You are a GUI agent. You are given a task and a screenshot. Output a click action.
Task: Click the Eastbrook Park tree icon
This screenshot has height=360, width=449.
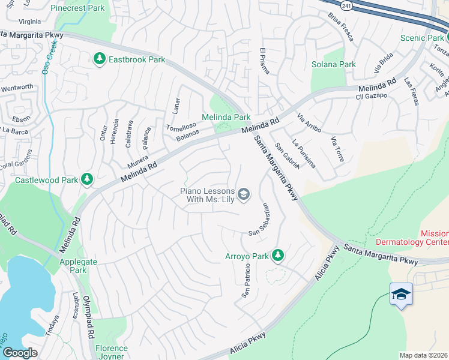tap(99, 59)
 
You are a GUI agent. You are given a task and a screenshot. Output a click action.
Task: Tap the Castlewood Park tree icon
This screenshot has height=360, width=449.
tap(87, 179)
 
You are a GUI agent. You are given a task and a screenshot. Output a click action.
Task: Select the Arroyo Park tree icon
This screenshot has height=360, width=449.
tap(277, 256)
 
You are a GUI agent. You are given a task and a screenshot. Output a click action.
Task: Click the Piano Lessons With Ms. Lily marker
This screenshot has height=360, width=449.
tap(244, 193)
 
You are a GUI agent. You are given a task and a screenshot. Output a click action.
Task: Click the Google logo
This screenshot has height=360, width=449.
tap(20, 353)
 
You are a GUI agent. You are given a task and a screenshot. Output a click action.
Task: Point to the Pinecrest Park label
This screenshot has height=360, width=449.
tap(78, 8)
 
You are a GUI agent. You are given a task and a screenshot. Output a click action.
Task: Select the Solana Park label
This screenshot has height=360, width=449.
tap(333, 64)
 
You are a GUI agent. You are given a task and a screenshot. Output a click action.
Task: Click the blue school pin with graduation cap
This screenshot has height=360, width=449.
tap(401, 295)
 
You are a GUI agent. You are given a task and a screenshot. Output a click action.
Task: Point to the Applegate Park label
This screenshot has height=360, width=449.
tap(73, 266)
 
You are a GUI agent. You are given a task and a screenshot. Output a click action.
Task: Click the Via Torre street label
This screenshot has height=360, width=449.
tap(337, 149)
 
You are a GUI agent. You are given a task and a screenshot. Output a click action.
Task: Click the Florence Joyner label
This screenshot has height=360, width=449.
tap(112, 352)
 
